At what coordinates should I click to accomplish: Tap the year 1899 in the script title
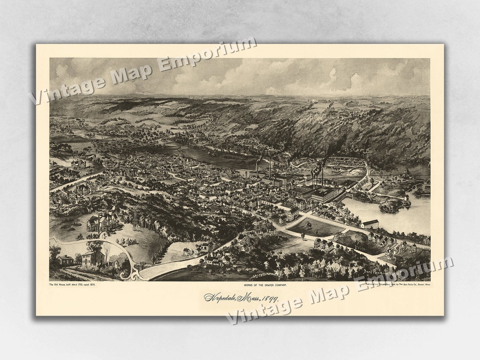[x=266, y=297]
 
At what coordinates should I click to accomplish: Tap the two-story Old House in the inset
[x=93, y=258]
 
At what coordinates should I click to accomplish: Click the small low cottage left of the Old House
[x=65, y=260]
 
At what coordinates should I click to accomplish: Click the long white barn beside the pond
[x=370, y=224]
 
